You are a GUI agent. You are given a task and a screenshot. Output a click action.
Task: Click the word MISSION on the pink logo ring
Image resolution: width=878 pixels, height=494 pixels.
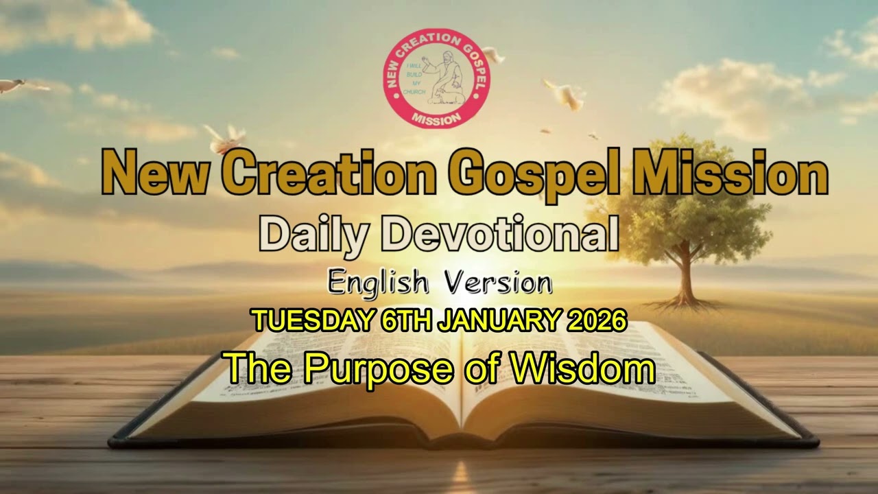click(x=436, y=118)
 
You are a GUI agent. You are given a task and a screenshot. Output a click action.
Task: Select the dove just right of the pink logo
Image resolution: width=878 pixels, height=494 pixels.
click(x=493, y=56)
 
